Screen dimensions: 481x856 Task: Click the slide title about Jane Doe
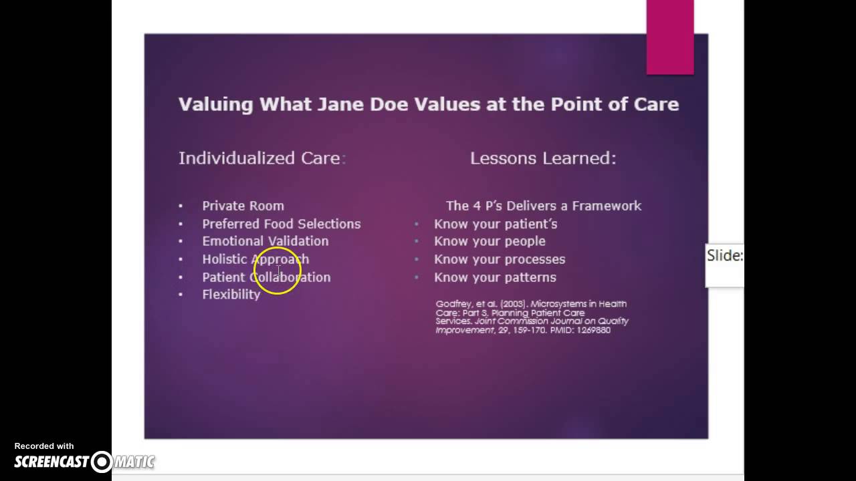[x=428, y=104]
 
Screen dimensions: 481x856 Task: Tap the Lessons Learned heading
[x=542, y=158]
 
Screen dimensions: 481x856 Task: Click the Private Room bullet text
[x=243, y=206]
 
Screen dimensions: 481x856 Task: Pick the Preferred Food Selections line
[x=281, y=224]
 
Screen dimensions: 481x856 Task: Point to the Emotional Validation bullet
[x=265, y=241]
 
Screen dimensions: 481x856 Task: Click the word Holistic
[x=225, y=259]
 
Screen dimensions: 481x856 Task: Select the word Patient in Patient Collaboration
[x=224, y=277]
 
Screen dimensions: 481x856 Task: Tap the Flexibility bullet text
[x=231, y=295]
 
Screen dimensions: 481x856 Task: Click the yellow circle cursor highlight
[x=278, y=271]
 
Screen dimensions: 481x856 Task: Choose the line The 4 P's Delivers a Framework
[x=543, y=206]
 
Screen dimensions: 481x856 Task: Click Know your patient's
[x=495, y=224]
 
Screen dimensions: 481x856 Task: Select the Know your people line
[x=490, y=241]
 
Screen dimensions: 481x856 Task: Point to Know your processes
[x=500, y=259]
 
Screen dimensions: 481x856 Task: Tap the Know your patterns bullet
[x=495, y=277]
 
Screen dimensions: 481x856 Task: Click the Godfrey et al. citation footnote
[x=532, y=317]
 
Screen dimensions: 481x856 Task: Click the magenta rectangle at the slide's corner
[x=669, y=37]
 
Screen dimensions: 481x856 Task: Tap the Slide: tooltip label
[x=725, y=256]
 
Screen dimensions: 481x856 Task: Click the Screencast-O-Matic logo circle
[x=102, y=462]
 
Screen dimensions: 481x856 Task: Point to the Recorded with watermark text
[x=44, y=446]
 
